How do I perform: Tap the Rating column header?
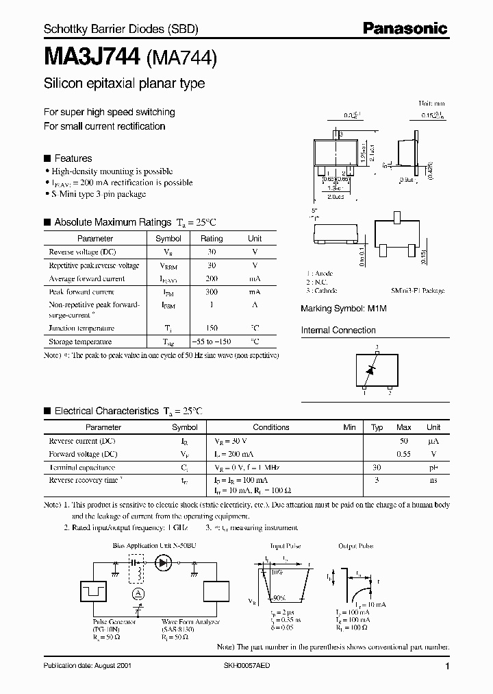(212, 239)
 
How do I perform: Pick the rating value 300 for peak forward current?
(212, 291)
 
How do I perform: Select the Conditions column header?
(271, 427)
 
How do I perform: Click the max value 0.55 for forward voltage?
(404, 454)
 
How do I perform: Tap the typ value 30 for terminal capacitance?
(377, 467)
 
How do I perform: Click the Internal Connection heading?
(338, 330)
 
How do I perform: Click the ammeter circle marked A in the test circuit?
(138, 592)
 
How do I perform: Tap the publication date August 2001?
(86, 666)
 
